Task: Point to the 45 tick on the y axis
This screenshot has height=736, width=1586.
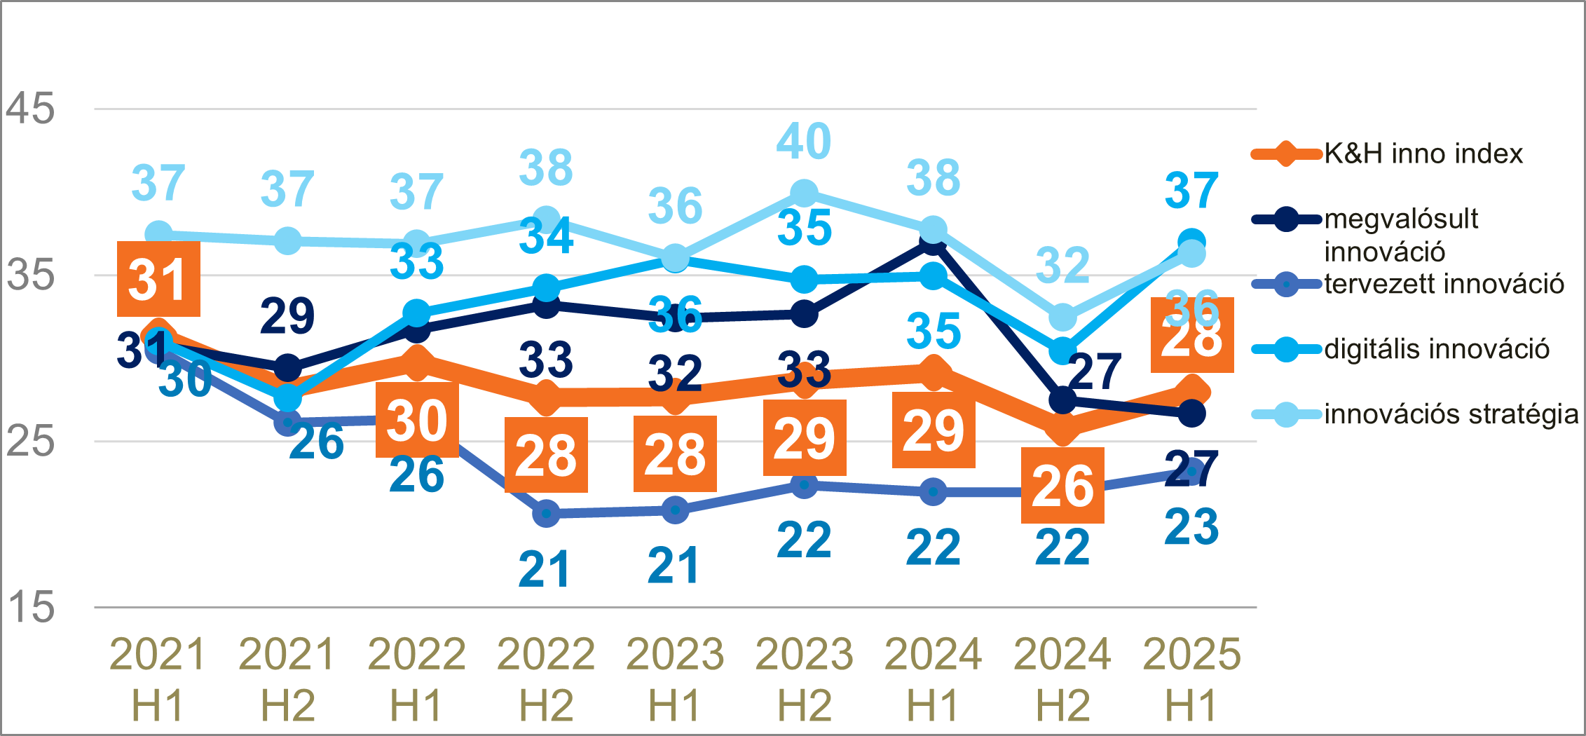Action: [30, 109]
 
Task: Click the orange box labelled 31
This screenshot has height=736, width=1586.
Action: [158, 279]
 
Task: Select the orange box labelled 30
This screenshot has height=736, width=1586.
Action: [417, 420]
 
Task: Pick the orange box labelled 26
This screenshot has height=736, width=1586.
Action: [1062, 485]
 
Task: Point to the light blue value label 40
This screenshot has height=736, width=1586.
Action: [804, 141]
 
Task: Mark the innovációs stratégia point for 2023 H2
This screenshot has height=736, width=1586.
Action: [804, 193]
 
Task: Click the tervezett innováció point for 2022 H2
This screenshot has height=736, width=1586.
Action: [546, 514]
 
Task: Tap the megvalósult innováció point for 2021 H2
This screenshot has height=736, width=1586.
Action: [287, 367]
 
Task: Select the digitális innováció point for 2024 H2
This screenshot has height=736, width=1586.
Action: [1062, 350]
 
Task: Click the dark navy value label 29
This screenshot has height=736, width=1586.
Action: [287, 315]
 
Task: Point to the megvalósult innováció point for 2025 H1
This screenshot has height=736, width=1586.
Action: [1191, 414]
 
